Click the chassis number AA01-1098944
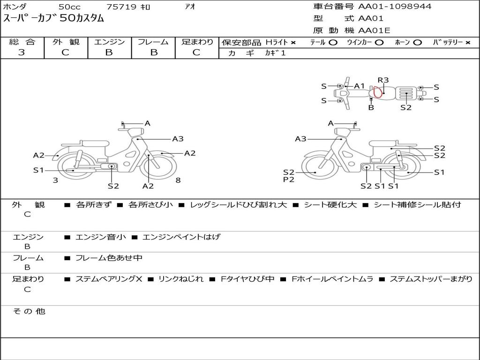click(x=395, y=6)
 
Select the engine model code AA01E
click(x=374, y=30)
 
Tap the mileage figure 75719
click(x=121, y=7)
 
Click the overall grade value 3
click(x=22, y=52)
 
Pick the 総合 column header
click(x=22, y=42)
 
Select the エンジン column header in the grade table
click(x=109, y=42)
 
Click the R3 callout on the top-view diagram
click(x=383, y=80)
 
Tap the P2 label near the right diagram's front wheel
click(x=288, y=180)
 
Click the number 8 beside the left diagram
click(x=178, y=180)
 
